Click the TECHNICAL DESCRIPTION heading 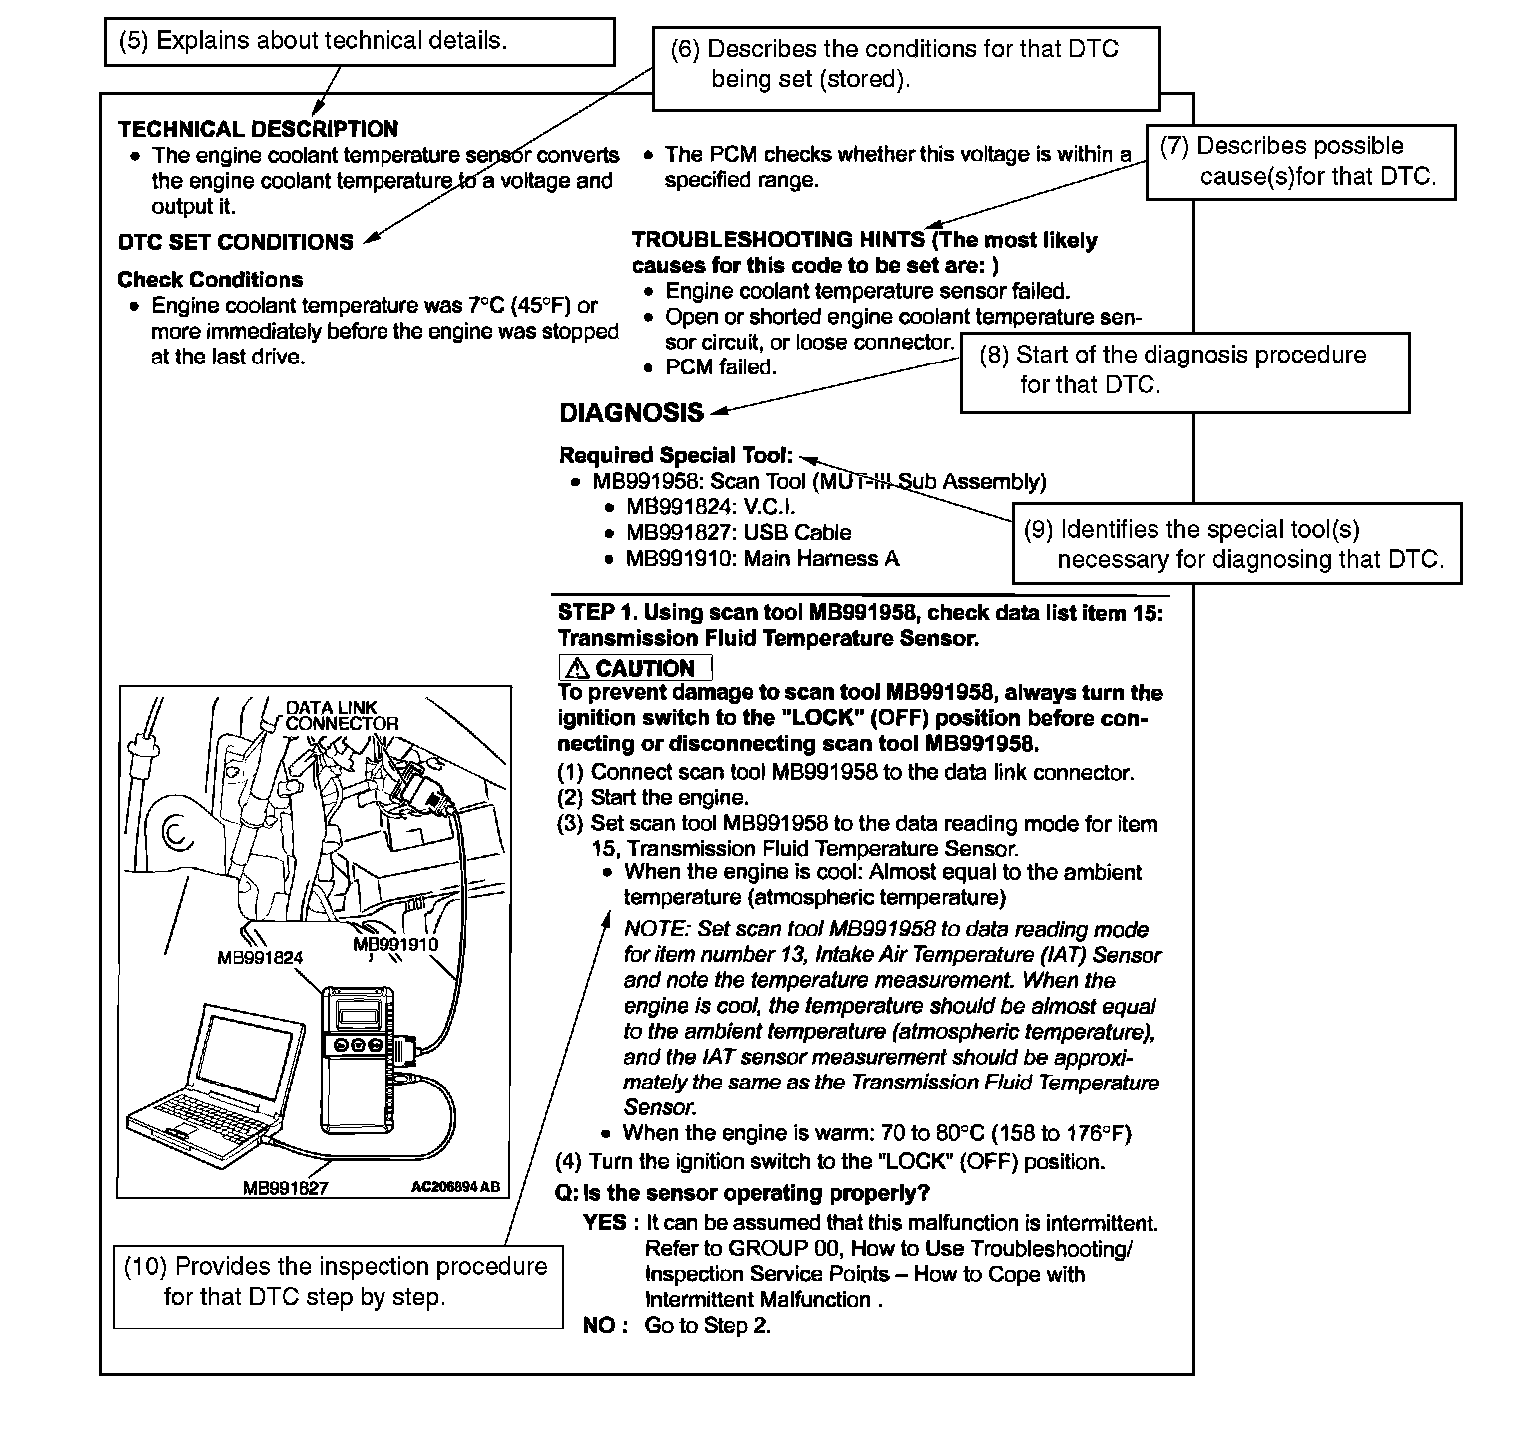258,129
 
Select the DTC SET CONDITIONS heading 236,242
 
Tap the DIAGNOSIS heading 631,413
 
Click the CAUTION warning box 635,668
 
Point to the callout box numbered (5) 360,42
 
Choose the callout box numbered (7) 1300,162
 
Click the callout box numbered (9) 1236,544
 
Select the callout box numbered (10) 338,1283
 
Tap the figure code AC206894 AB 455,1187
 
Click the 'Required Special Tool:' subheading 676,456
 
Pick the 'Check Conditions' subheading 210,280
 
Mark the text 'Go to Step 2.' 707,1326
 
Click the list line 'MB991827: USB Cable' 738,533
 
